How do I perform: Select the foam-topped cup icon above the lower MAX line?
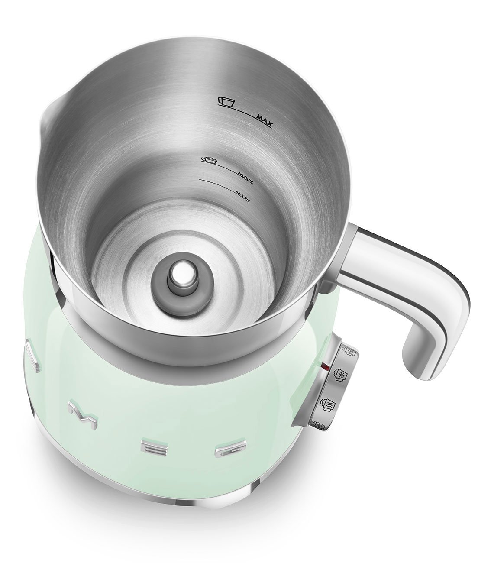(209, 159)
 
